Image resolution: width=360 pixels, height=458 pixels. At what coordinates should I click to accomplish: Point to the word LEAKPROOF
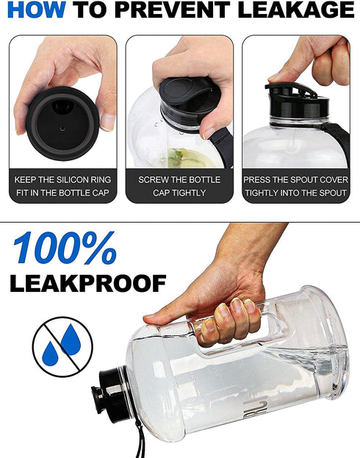[87, 282]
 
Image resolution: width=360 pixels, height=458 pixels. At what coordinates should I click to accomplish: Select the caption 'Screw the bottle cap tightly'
[179, 186]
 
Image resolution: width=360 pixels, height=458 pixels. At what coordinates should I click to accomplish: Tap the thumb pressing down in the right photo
[282, 71]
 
